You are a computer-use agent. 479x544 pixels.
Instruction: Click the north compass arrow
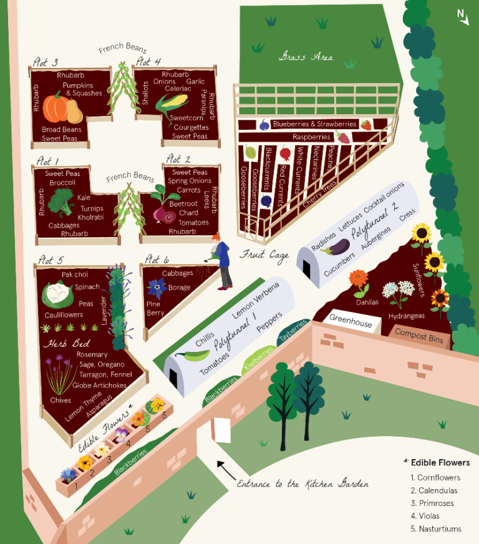pos(463,17)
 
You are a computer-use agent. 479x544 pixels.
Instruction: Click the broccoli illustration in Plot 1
pos(61,201)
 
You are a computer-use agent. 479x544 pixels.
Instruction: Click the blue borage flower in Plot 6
pos(155,287)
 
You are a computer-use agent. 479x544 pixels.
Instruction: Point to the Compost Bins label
pos(419,336)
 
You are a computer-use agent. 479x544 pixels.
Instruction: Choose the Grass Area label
pos(305,57)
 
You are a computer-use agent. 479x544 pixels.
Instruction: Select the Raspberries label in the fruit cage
pos(311,137)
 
